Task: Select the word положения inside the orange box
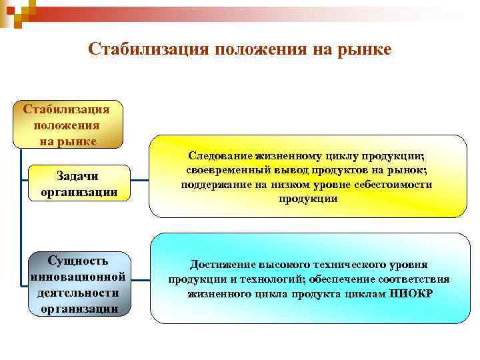(67, 125)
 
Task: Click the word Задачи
(79, 177)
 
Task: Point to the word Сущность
(79, 260)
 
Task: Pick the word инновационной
(79, 276)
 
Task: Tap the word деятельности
(79, 293)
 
